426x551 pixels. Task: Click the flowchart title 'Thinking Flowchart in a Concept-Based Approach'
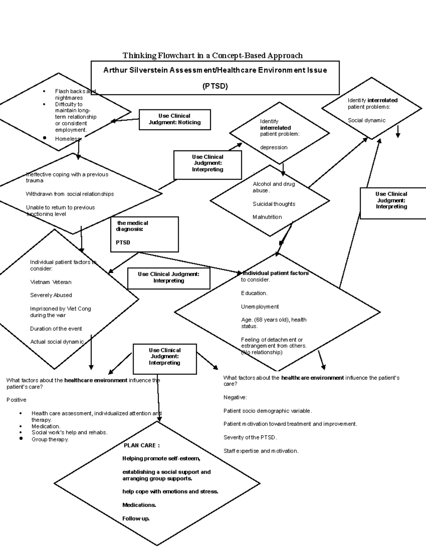212,55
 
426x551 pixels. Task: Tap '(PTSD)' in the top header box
215,86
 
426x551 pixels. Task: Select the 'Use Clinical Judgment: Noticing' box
175,120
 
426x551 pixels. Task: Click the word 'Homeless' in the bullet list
67,139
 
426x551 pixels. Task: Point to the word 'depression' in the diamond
274,148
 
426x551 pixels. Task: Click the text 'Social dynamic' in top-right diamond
366,121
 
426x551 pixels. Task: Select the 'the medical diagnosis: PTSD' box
144,234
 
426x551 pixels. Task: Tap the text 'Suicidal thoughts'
274,204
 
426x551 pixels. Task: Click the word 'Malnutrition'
267,217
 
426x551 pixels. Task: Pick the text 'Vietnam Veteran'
50,282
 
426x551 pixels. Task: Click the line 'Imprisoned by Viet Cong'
60,309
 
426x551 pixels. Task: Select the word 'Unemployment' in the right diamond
260,307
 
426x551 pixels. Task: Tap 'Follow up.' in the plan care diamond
136,519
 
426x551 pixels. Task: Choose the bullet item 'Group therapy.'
50,440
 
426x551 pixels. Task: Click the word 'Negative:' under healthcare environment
235,398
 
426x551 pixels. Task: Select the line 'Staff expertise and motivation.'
261,451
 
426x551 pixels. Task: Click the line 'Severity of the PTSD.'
250,438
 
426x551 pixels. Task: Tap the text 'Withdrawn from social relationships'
70,194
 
